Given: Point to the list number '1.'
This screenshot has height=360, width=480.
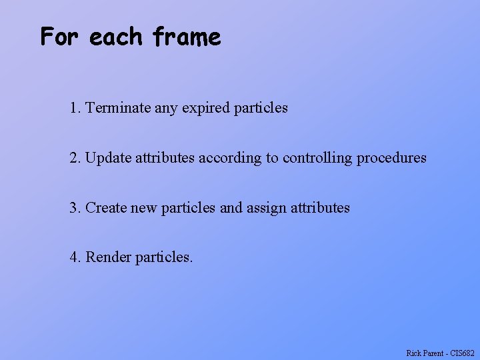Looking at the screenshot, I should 75,107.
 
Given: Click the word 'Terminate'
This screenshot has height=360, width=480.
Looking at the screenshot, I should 118,107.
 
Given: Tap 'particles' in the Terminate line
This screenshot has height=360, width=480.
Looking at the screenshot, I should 261,107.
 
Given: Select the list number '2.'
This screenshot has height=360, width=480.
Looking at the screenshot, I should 75,158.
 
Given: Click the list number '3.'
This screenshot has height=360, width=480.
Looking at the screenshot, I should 75,207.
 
